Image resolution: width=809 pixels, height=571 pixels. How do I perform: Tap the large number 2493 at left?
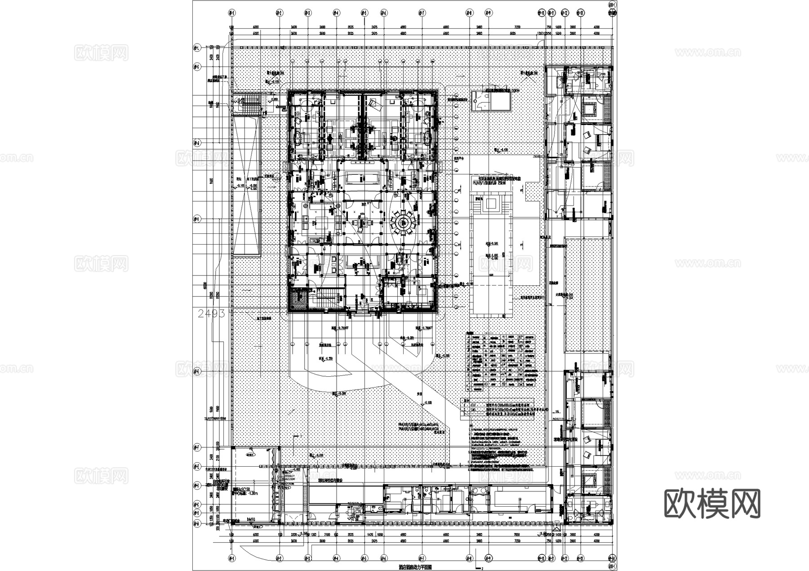[211, 313]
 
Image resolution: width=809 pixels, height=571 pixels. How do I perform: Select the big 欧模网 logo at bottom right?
[712, 504]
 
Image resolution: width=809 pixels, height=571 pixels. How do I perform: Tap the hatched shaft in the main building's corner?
[298, 299]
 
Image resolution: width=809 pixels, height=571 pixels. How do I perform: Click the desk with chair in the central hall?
[363, 222]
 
